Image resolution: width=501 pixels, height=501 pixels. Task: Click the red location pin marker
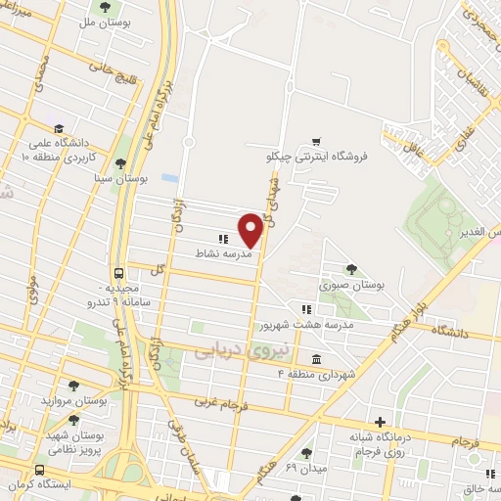tap(250, 230)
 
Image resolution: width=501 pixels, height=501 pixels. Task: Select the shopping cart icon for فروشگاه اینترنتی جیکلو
tap(315, 141)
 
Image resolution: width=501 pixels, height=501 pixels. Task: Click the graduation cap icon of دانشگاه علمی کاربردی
tap(59, 128)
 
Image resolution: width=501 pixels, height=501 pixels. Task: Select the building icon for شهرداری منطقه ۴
tap(316, 359)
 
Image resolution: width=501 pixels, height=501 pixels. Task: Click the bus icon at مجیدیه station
tap(118, 274)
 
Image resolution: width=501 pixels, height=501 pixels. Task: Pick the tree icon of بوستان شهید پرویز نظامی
tap(73, 420)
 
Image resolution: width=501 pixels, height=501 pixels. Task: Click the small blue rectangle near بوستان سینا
tap(170, 179)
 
